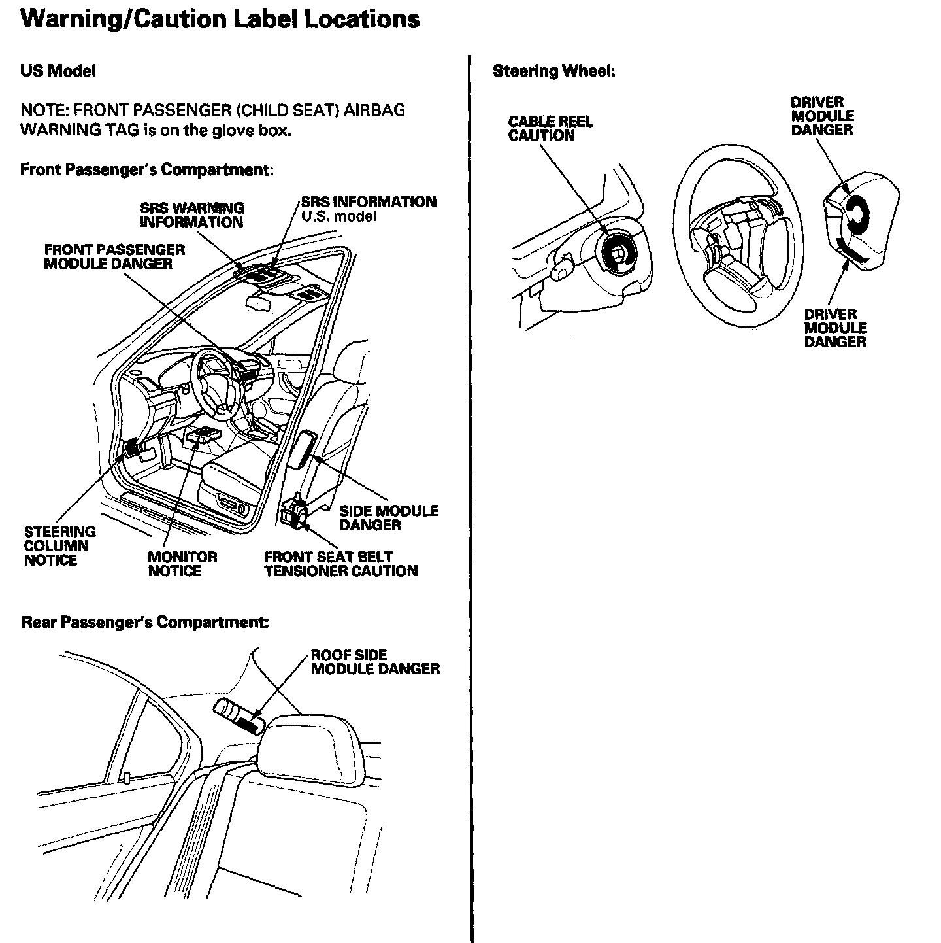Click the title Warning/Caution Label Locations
(x=220, y=19)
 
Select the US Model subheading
(x=58, y=71)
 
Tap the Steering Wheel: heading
(x=553, y=71)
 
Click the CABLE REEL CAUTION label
(x=550, y=129)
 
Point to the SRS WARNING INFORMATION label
(x=191, y=215)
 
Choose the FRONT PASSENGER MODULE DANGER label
(x=114, y=256)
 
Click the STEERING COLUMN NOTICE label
(x=59, y=546)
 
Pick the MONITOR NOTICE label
(x=182, y=564)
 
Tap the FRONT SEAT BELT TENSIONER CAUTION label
(x=340, y=564)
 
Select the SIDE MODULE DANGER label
(x=389, y=518)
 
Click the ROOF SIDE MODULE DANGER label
(x=375, y=662)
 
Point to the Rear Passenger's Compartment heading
(x=145, y=622)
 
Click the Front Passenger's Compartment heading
(x=146, y=170)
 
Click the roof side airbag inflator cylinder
(x=238, y=717)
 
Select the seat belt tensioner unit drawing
(x=295, y=511)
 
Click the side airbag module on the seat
(x=303, y=449)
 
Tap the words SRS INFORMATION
(x=369, y=202)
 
